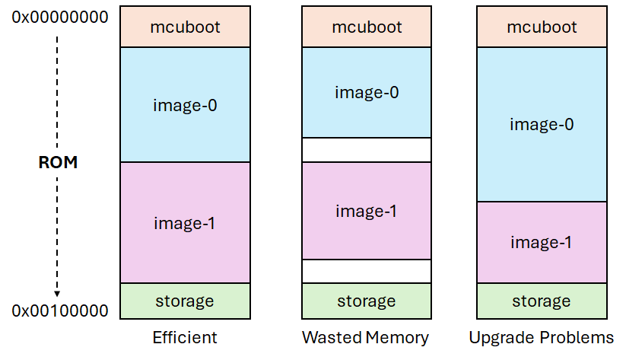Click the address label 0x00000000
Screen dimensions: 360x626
tap(60, 16)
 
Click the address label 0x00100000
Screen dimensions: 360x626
tap(60, 311)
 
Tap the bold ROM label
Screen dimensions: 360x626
tap(58, 163)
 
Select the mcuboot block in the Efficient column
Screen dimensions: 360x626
tap(185, 27)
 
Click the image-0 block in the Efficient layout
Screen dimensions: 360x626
tap(185, 105)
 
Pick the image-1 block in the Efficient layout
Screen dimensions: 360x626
tap(185, 223)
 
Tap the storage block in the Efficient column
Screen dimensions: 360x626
tap(185, 301)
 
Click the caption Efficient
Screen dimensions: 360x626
tap(185, 337)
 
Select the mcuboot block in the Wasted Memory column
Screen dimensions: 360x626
tap(366, 27)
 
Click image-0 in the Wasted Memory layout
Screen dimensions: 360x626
tap(366, 93)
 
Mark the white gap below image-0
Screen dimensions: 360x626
tap(366, 150)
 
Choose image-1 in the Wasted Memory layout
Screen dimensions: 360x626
tap(366, 211)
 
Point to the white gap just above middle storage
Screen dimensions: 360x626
tap(366, 271)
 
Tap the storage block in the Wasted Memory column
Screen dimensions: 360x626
tap(366, 301)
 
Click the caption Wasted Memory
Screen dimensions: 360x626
tap(366, 337)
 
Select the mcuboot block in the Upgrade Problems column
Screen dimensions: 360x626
tap(542, 27)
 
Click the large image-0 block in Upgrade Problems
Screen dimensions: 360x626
tap(542, 124)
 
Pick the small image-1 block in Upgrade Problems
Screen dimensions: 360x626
tap(542, 242)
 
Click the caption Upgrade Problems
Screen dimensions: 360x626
tap(542, 337)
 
